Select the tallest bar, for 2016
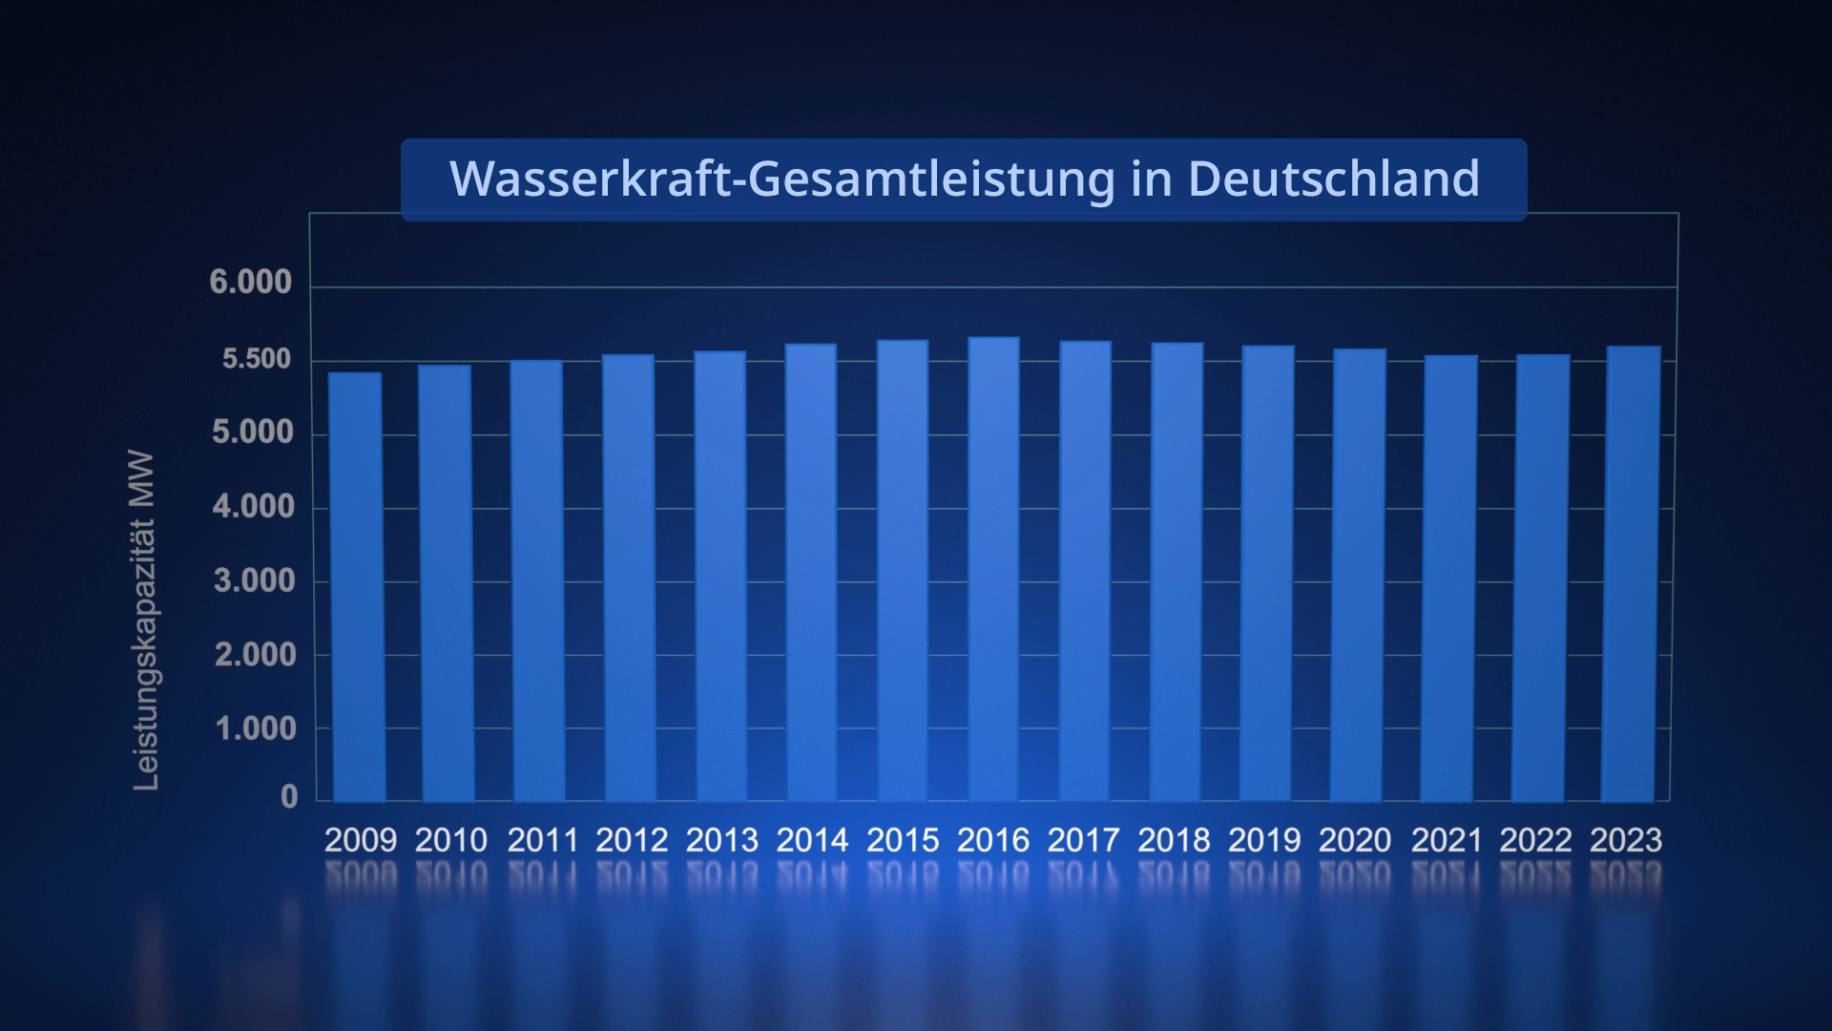click(x=994, y=569)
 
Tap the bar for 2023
click(x=1632, y=574)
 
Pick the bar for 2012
click(x=629, y=578)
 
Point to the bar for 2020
click(x=1358, y=575)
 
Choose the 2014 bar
click(x=811, y=573)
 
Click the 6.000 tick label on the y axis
click(x=251, y=283)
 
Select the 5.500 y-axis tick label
click(x=256, y=359)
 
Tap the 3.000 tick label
click(x=254, y=580)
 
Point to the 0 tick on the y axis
click(x=289, y=797)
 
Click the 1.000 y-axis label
click(x=256, y=729)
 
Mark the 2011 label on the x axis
click(x=542, y=840)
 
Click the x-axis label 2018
click(x=1174, y=840)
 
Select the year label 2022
click(x=1535, y=840)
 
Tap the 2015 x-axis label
click(x=903, y=840)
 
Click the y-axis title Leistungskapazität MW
click(x=144, y=621)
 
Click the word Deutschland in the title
click(x=1333, y=179)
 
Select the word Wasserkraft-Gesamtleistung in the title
click(x=781, y=179)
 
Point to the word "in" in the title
click(x=1151, y=179)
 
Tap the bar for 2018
click(x=1176, y=572)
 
